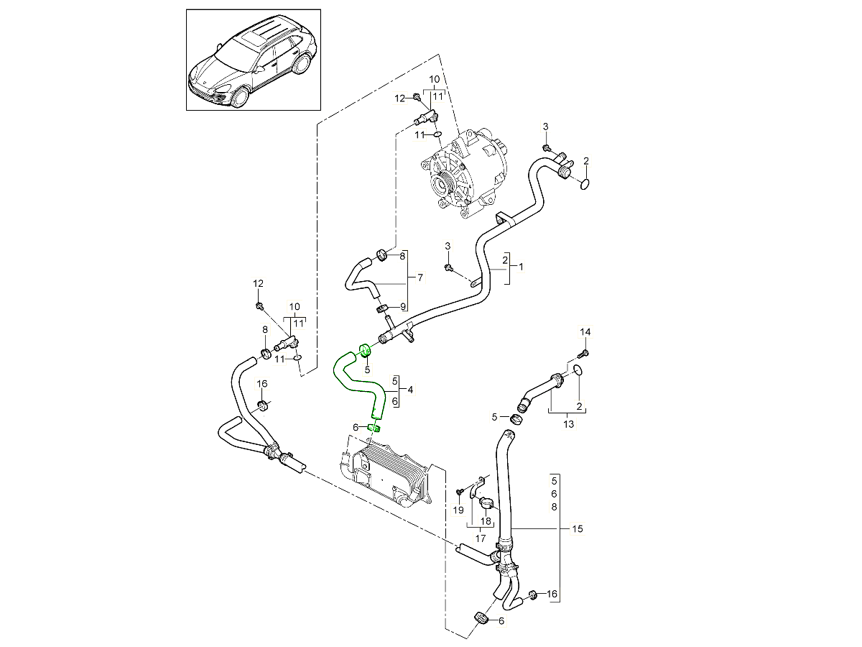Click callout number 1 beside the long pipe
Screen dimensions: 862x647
(x=521, y=267)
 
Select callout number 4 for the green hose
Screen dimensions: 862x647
(x=410, y=390)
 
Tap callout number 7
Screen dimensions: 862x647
(x=420, y=277)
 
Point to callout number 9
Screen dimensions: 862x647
(x=403, y=307)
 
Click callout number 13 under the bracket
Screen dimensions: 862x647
(x=568, y=424)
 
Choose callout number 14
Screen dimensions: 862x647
(x=585, y=332)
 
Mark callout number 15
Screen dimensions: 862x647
(x=578, y=529)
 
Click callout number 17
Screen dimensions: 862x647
(x=481, y=538)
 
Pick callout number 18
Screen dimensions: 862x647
(x=486, y=521)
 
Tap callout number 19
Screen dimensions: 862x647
(x=458, y=510)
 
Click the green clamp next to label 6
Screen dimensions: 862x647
(x=373, y=428)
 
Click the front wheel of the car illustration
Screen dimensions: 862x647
(x=239, y=97)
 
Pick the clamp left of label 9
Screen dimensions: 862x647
(x=382, y=308)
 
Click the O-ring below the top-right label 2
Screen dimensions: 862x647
(x=585, y=184)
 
